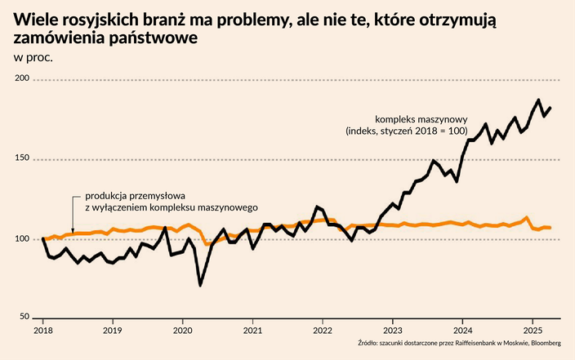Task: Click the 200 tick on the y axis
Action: click(21, 78)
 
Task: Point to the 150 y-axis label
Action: click(21, 158)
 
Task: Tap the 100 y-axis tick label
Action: click(21, 238)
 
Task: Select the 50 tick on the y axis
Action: click(24, 317)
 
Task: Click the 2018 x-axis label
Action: click(42, 331)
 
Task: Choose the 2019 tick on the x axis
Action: click(113, 331)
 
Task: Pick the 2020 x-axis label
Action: click(183, 331)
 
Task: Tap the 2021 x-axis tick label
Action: click(252, 331)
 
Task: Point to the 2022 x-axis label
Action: click(323, 331)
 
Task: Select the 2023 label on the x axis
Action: click(393, 331)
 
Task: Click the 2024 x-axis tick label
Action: click(463, 331)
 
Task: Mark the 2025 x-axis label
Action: click(533, 331)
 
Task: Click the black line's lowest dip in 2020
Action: click(200, 285)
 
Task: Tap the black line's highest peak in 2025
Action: click(538, 100)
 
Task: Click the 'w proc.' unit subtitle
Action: click(33, 56)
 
